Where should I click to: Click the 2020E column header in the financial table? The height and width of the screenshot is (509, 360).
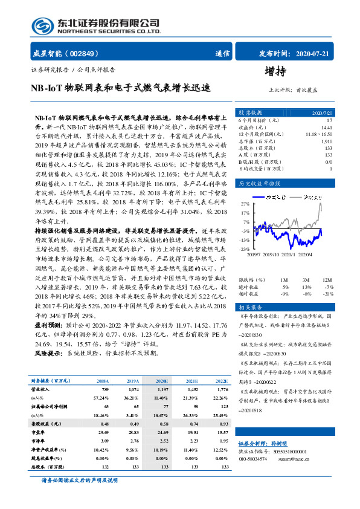[x=161, y=381]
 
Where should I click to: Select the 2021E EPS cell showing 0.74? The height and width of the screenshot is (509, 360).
[x=190, y=426]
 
